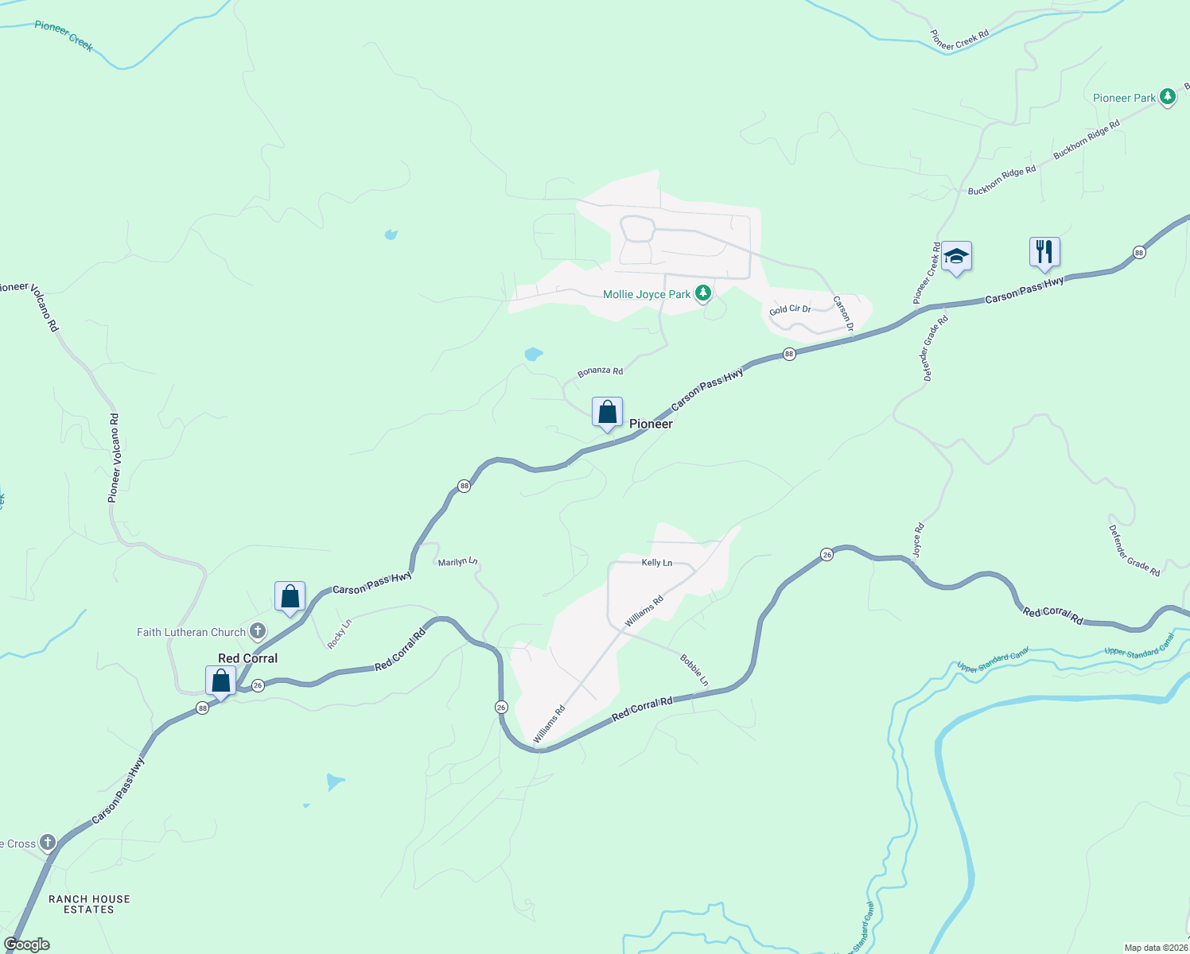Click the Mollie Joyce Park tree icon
[702, 294]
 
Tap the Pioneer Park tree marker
[1167, 97]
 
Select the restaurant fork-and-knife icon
[1044, 252]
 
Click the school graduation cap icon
[956, 256]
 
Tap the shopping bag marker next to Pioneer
[607, 413]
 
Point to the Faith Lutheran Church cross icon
[257, 632]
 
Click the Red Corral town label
[248, 658]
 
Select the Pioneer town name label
[651, 424]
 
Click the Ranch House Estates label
[89, 905]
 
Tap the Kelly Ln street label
[657, 563]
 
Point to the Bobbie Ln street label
[694, 670]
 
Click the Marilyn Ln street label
[457, 562]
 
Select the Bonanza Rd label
[600, 371]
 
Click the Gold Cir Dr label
[790, 309]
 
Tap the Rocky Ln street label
[340, 634]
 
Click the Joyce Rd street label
[918, 540]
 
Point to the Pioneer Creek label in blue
[64, 36]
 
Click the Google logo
[26, 944]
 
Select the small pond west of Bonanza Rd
[533, 354]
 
